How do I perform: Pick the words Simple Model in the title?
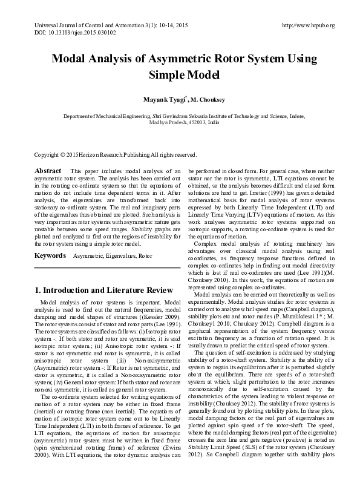tap(180, 76)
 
